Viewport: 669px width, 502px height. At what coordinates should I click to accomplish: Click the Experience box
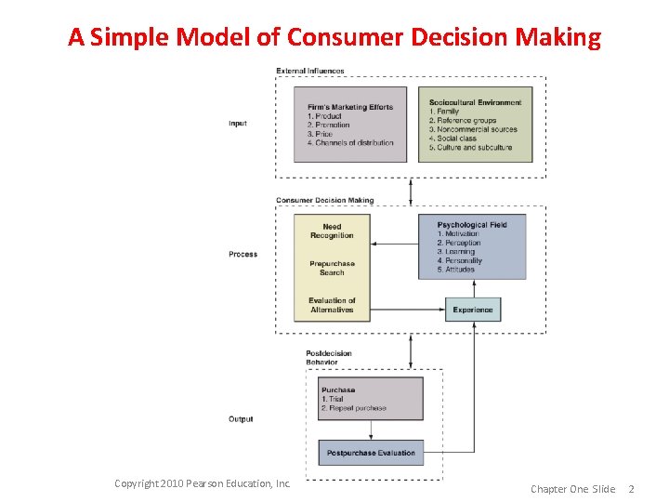[x=473, y=310]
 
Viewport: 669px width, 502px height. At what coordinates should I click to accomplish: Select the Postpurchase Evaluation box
[x=371, y=453]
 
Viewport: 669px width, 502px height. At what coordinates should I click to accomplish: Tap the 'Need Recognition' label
[x=332, y=231]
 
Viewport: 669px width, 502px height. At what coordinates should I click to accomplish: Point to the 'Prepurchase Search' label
[x=332, y=268]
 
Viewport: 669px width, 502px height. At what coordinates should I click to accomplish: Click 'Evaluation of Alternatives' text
[x=332, y=305]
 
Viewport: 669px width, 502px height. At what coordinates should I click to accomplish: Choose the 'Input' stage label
[x=238, y=124]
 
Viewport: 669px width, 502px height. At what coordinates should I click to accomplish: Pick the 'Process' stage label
[x=243, y=254]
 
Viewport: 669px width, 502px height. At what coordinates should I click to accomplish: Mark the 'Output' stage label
[x=241, y=419]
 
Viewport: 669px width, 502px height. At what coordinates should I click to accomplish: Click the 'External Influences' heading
[x=310, y=71]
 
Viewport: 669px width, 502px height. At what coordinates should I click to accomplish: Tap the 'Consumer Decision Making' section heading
[x=325, y=200]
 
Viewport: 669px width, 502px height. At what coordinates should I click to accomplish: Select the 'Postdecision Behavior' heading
[x=329, y=358]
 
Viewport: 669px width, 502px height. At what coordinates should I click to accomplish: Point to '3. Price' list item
[x=320, y=134]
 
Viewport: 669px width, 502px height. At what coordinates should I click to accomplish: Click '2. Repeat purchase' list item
[x=352, y=408]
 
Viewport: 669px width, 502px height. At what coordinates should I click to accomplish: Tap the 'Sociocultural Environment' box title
[x=475, y=102]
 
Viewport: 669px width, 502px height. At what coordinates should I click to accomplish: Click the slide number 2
[x=632, y=489]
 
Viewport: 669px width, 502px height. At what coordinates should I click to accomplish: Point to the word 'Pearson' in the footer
[x=219, y=483]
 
